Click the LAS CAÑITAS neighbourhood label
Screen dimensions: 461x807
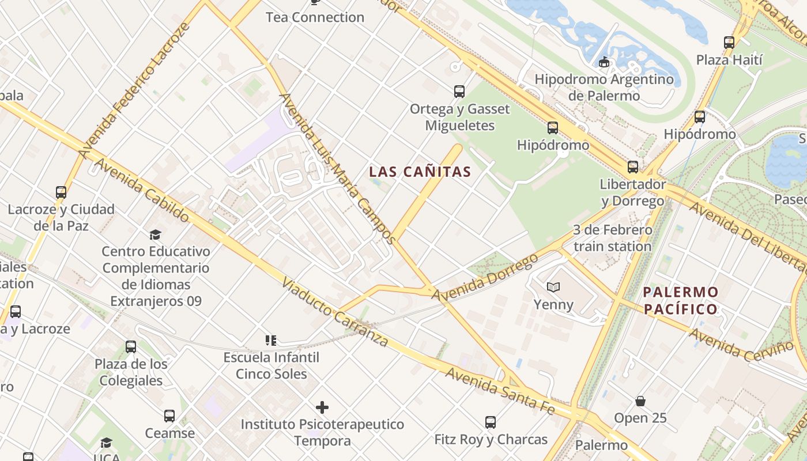(420, 172)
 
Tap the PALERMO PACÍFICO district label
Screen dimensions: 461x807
(681, 300)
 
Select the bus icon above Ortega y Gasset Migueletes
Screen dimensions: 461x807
(459, 91)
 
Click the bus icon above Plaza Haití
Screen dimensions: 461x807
(729, 42)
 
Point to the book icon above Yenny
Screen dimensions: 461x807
(553, 287)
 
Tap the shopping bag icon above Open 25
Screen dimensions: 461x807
(640, 400)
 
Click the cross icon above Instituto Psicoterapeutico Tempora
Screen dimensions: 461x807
(322, 407)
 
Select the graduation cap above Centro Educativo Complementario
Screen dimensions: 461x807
(155, 235)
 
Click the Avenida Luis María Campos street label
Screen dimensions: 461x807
(338, 167)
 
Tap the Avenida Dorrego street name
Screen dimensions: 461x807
(484, 278)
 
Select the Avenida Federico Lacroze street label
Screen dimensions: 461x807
(134, 91)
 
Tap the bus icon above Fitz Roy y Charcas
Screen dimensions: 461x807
(491, 422)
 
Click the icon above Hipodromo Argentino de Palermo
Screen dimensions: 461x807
(604, 62)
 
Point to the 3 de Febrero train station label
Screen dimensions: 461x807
(612, 238)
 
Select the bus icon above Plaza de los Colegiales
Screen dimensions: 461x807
(131, 347)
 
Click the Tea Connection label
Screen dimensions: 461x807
(315, 17)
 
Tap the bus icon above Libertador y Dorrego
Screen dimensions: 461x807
(633, 167)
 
